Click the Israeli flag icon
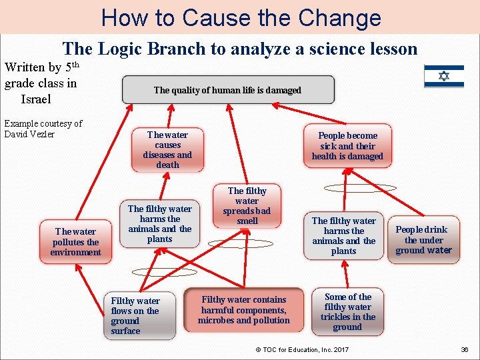(444, 77)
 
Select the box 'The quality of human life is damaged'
(227, 90)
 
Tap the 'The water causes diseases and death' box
(167, 150)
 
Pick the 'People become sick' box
(347, 145)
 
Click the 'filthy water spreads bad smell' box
(247, 205)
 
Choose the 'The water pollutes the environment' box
(75, 241)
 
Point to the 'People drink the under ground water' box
(423, 240)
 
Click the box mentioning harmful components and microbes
(243, 310)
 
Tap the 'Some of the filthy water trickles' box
(347, 311)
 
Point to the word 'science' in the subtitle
(327, 49)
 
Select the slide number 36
(464, 349)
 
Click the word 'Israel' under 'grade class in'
(37, 99)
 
